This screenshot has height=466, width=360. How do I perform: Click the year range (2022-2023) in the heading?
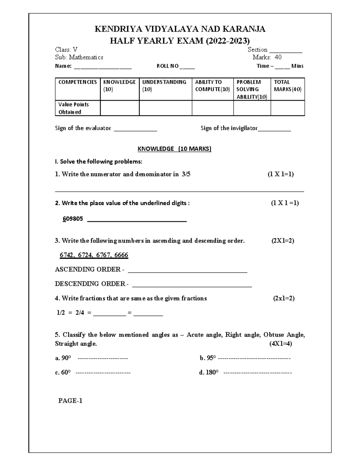pyautogui.click(x=227, y=41)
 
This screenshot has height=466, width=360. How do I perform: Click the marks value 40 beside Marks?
pyautogui.click(x=278, y=57)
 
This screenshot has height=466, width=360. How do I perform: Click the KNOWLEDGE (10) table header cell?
pyautogui.click(x=119, y=86)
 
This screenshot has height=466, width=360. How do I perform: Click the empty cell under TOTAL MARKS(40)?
pyautogui.click(x=287, y=108)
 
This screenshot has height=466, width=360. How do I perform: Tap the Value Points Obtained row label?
pyautogui.click(x=73, y=108)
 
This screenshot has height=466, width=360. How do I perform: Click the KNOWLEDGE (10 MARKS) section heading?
pyautogui.click(x=174, y=149)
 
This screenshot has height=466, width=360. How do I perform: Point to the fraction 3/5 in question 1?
pyautogui.click(x=186, y=174)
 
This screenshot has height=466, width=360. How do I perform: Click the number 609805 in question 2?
pyautogui.click(x=73, y=219)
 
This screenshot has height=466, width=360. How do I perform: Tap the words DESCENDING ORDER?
pyautogui.click(x=90, y=284)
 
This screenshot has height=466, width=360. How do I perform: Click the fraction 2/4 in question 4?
pyautogui.click(x=80, y=313)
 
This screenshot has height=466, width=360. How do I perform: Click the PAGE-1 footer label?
pyautogui.click(x=70, y=401)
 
